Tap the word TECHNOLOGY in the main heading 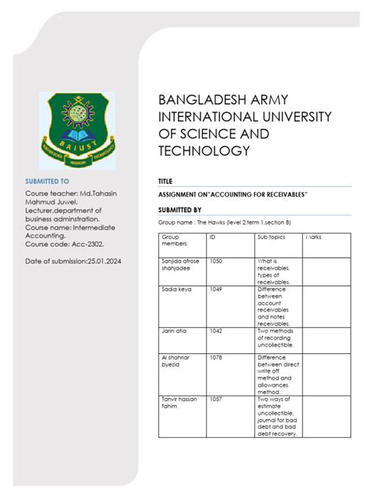tap(205, 150)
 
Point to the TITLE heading tap(165, 182)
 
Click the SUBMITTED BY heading tap(180, 210)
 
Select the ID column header tap(212, 237)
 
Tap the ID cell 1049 tap(215, 290)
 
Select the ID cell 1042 tap(215, 331)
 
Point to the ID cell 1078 tap(215, 358)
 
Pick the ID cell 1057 tap(215, 399)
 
